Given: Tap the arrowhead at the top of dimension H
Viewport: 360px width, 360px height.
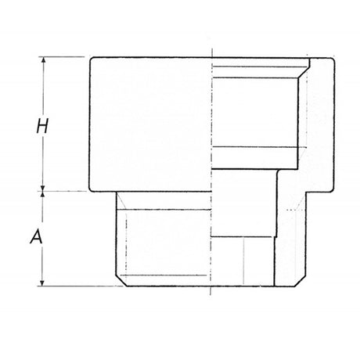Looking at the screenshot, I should [44, 60].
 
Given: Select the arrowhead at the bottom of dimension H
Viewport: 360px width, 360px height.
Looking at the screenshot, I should [44, 186].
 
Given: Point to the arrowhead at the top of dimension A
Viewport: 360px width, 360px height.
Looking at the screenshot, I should [44, 194].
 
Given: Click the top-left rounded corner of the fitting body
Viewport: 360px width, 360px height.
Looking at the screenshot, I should [93, 60].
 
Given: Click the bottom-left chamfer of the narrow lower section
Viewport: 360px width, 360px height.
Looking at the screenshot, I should [118, 281].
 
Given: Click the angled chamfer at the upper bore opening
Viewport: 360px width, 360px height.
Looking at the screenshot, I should [304, 70].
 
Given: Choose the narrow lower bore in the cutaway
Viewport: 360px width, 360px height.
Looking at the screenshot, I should [243, 235].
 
